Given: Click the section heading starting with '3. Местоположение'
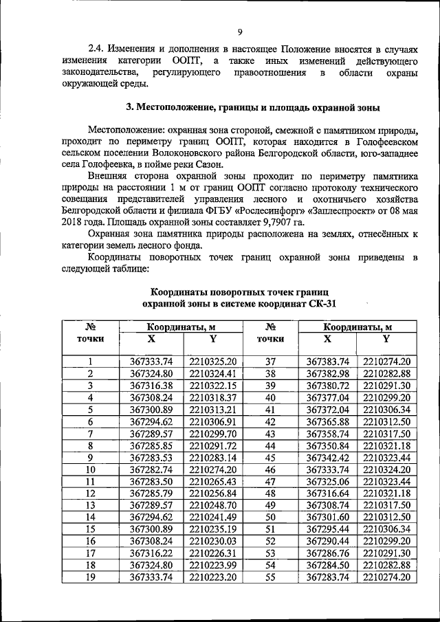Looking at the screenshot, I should [x=252, y=108].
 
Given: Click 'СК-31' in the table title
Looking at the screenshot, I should [x=321, y=303].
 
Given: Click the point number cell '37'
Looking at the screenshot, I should [x=270, y=362].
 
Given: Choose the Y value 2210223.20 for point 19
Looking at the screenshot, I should [x=212, y=578].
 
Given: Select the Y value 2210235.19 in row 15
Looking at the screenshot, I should [x=212, y=529].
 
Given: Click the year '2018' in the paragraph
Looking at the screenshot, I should [x=74, y=223].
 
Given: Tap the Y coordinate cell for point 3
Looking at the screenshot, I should [x=212, y=386].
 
